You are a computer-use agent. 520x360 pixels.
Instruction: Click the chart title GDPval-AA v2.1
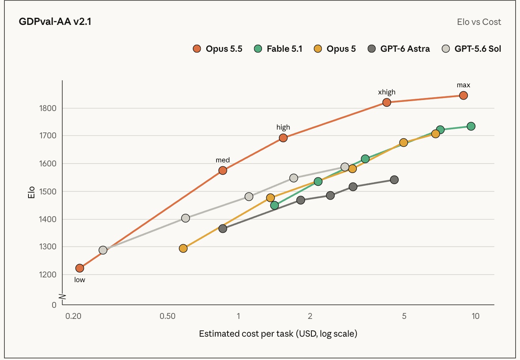[x=55, y=22]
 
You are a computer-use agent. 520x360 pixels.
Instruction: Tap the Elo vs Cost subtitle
[x=479, y=22]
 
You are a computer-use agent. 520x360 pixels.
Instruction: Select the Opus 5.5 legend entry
[x=217, y=49]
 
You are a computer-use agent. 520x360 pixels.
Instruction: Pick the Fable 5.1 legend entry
[x=278, y=49]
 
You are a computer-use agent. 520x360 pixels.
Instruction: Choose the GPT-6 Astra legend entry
[x=399, y=49]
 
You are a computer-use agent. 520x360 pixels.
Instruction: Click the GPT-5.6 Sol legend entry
[x=471, y=49]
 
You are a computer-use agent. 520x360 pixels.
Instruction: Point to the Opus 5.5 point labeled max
[x=463, y=95]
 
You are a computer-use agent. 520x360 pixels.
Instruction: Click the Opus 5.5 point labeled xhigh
[x=386, y=102]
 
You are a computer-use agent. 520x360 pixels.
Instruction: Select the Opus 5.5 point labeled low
[x=80, y=268]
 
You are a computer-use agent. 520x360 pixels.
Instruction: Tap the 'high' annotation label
[x=283, y=127]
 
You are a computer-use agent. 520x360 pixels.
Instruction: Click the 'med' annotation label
[x=222, y=160]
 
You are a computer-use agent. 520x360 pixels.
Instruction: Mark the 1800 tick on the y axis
[x=47, y=108]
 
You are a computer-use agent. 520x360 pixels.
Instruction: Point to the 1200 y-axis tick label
[x=47, y=275]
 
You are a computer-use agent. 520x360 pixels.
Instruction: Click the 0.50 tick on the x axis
[x=168, y=316]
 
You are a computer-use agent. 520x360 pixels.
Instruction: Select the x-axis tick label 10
[x=475, y=316]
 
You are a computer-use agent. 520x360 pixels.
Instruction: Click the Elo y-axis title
[x=31, y=192]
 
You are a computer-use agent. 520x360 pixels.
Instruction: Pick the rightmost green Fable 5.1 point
[x=471, y=126]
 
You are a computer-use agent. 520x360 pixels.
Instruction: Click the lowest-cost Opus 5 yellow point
[x=183, y=248]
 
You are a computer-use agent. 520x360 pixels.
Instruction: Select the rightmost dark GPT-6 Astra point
[x=394, y=180]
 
